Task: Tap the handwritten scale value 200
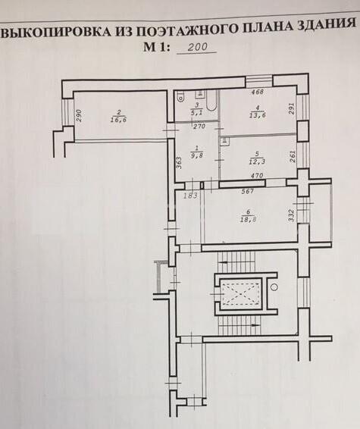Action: (x=198, y=47)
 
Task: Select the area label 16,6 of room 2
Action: (x=119, y=119)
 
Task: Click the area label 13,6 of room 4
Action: (x=258, y=115)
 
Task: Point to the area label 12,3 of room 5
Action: (x=257, y=161)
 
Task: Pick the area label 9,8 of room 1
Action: (x=199, y=155)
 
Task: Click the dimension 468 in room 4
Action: (x=258, y=92)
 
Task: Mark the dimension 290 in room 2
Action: (x=79, y=115)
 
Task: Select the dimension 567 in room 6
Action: (x=248, y=192)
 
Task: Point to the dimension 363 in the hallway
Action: (x=179, y=163)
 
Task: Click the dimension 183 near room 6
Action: (x=190, y=196)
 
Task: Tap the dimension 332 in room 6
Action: (x=291, y=215)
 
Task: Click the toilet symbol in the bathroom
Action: (x=180, y=97)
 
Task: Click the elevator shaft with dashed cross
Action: (x=240, y=294)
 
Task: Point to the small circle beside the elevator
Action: (x=274, y=287)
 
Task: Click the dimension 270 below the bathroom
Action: (x=199, y=127)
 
